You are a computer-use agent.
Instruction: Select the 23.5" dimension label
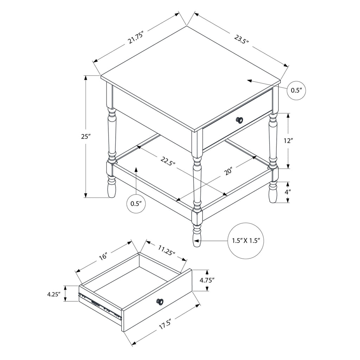coord(242,40)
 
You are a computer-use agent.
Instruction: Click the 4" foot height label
coord(288,192)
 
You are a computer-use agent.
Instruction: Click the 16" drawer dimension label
coord(103,256)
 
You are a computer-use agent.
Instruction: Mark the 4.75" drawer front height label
coord(207,280)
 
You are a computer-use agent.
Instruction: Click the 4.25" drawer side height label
coord(53,294)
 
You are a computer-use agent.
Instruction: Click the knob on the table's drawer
coord(239,120)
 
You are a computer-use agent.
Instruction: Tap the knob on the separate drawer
coord(160,302)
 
